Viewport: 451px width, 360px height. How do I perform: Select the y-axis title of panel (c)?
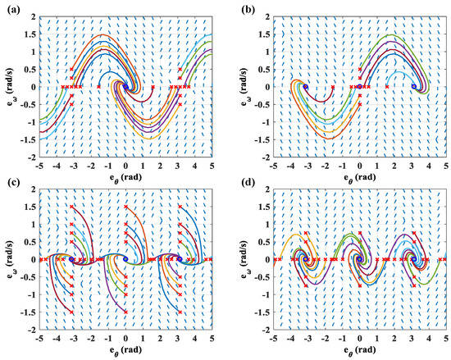pyautogui.click(x=9, y=259)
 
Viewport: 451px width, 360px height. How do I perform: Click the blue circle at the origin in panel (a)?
pyautogui.click(x=125, y=86)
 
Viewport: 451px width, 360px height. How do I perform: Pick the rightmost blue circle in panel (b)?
pyautogui.click(x=414, y=86)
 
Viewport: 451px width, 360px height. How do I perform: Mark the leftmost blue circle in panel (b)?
pyautogui.click(x=305, y=86)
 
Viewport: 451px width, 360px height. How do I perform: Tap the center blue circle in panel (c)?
pyautogui.click(x=125, y=259)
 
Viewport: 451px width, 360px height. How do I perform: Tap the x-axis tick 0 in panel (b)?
pyautogui.click(x=360, y=165)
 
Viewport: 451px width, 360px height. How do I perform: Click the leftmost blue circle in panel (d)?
pyautogui.click(x=305, y=259)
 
